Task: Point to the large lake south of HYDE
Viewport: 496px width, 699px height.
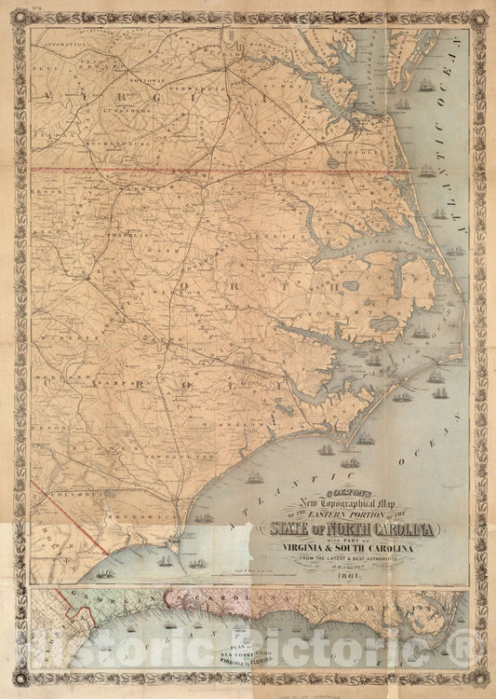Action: click(x=383, y=322)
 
